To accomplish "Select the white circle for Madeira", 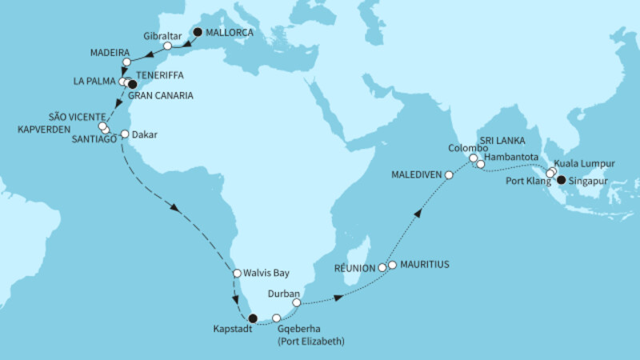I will point(126,62).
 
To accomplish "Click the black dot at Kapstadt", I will point(253,318).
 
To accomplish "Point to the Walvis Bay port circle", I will point(237,274).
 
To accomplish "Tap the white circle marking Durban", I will point(297,303).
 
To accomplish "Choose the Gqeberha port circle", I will point(277,318).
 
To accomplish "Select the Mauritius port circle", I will point(392,264).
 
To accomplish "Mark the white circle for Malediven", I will point(450,175).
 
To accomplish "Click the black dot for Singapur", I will point(561,180).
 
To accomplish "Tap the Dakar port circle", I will point(124,134).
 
